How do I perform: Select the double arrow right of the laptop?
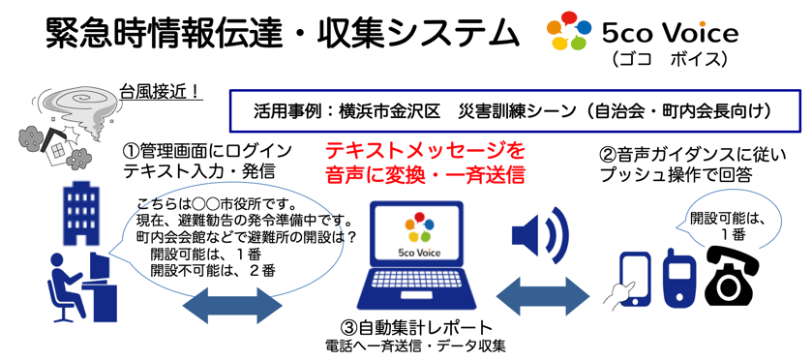click(x=543, y=296)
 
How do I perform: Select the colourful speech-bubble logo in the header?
click(x=569, y=31)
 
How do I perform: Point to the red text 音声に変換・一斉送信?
click(x=425, y=174)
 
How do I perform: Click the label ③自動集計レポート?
click(x=415, y=328)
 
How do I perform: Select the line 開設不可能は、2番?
click(x=212, y=269)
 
